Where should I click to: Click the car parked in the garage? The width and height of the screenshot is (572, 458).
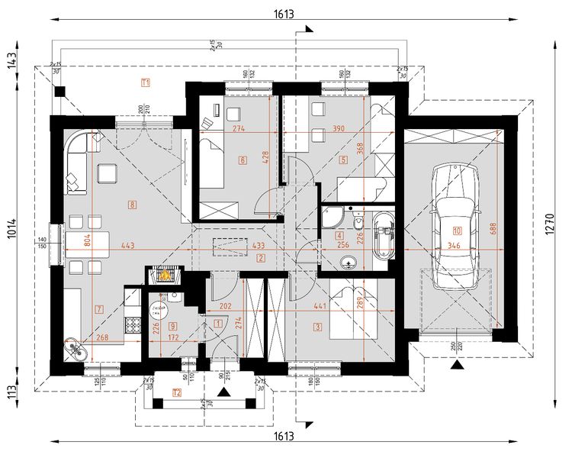pyautogui.click(x=455, y=229)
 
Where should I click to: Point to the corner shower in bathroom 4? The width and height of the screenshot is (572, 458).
pyautogui.click(x=333, y=218)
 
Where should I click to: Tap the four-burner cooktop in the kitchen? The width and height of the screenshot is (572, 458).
pyautogui.click(x=131, y=324)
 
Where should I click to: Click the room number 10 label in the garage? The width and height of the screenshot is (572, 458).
pyautogui.click(x=457, y=230)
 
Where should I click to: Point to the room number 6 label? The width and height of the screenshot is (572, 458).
pyautogui.click(x=242, y=160)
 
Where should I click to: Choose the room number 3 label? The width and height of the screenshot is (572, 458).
pyautogui.click(x=316, y=326)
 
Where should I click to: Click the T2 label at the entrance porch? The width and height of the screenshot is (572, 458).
pyautogui.click(x=177, y=393)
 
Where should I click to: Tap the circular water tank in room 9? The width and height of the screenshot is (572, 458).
pyautogui.click(x=156, y=309)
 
